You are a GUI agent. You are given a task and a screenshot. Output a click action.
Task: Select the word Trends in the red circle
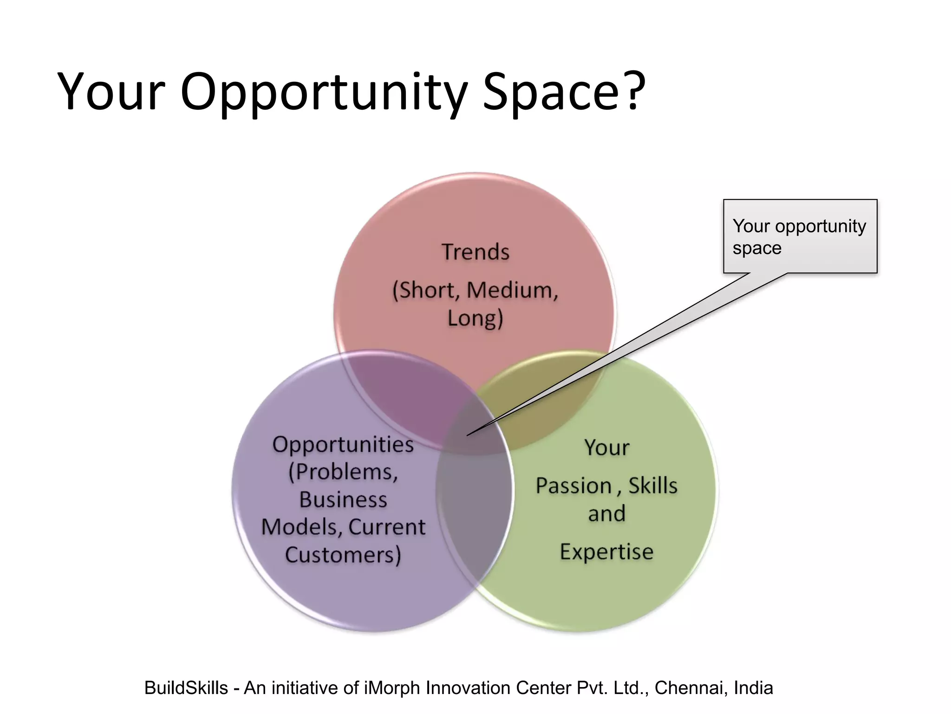[475, 252]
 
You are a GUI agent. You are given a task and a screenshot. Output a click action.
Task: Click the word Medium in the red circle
[512, 290]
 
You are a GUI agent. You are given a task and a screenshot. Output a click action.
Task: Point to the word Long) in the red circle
[475, 319]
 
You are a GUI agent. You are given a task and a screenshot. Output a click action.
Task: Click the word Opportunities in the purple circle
[343, 444]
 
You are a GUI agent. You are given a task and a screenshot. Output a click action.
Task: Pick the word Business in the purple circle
[343, 500]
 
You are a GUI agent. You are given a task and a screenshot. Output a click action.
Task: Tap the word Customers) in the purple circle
[343, 555]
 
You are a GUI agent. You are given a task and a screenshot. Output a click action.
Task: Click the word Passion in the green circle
[573, 486]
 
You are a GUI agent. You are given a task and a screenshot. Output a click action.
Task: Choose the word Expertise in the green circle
[606, 552]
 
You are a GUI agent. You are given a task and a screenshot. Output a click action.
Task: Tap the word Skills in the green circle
[653, 486]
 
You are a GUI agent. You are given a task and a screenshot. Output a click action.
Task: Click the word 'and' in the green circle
[606, 514]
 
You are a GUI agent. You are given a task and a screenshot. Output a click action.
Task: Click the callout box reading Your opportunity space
[800, 236]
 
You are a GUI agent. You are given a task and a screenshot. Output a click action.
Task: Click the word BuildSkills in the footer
[186, 688]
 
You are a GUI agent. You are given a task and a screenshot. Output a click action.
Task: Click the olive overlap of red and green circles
[548, 400]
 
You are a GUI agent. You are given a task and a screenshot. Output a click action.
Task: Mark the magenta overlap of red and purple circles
[399, 395]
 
